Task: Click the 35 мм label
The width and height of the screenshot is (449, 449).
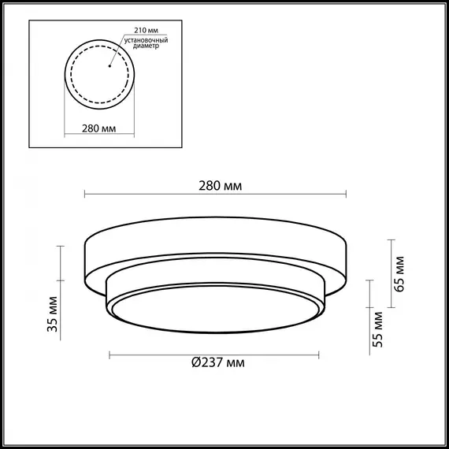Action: [x=51, y=316]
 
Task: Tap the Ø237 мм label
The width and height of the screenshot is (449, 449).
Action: [x=217, y=363]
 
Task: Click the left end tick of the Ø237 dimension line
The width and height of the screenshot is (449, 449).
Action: [x=109, y=354]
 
